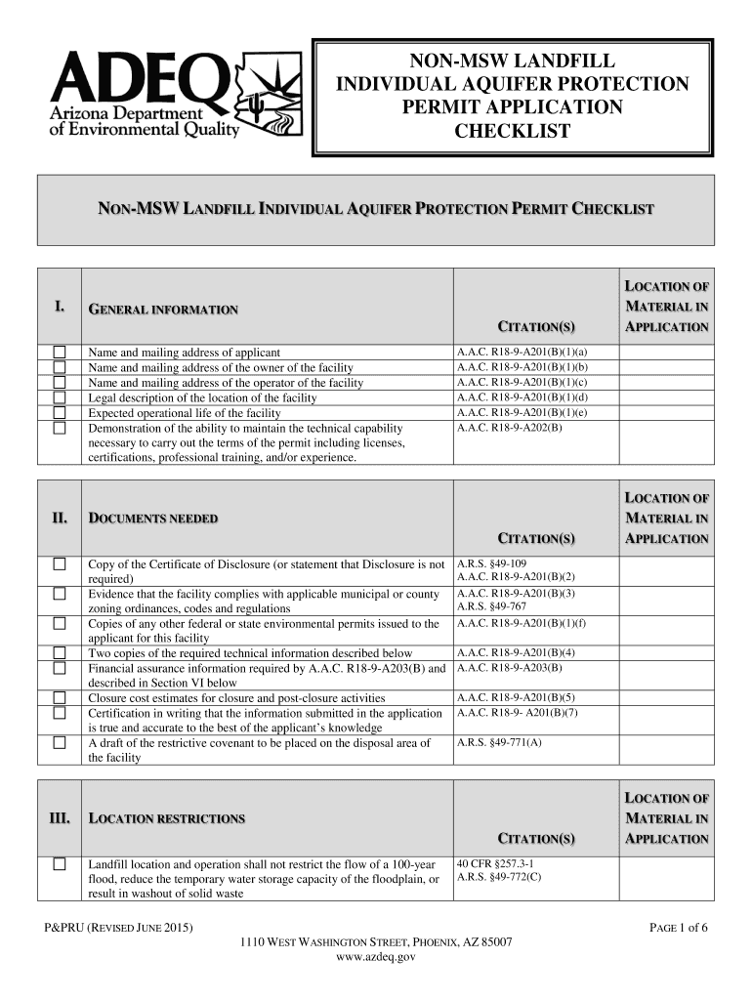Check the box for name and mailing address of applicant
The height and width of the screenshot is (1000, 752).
[x=61, y=352]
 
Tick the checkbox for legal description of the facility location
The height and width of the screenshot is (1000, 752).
[x=61, y=397]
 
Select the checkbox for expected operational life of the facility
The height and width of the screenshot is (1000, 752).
[x=61, y=412]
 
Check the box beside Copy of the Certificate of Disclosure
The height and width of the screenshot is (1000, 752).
[x=61, y=563]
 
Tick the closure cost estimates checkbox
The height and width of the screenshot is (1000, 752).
[x=61, y=697]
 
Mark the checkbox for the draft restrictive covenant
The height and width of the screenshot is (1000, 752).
[x=61, y=742]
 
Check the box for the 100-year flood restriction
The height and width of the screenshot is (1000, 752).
[x=61, y=864]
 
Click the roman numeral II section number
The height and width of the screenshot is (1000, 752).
[x=60, y=518]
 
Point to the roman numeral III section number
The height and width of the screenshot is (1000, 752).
[x=60, y=817]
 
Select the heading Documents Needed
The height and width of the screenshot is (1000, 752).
[x=153, y=519]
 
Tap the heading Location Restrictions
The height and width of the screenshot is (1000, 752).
[x=166, y=818]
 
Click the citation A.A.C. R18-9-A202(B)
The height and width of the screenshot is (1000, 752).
[x=509, y=428]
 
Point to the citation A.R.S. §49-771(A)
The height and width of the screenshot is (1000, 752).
[x=499, y=743]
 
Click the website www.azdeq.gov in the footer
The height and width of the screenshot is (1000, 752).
[x=376, y=958]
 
